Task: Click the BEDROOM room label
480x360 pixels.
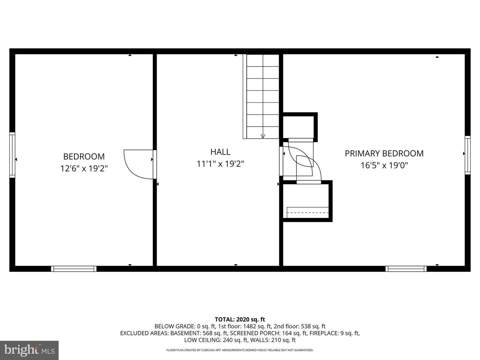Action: [84, 156]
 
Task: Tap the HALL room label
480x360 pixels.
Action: [220, 152]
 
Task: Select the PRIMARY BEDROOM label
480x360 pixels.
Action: [384, 153]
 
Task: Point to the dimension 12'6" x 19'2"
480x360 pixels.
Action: [84, 169]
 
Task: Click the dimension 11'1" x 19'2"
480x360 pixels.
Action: [220, 164]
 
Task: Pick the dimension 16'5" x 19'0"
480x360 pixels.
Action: [384, 165]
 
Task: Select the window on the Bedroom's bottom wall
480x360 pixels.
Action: [74, 269]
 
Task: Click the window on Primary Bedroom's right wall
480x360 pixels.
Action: [468, 155]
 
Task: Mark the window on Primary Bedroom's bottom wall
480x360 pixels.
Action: [406, 269]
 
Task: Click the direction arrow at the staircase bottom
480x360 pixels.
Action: [263, 136]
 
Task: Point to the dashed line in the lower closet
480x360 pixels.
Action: [308, 213]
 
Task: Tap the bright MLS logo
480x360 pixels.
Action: [29, 350]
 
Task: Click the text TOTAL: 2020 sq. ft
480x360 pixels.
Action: [240, 320]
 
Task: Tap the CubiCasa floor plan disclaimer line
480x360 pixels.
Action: [240, 350]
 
